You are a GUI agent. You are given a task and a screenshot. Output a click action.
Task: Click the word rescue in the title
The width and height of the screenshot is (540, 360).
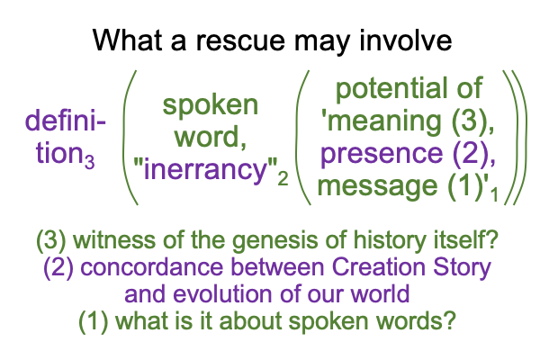tap(240, 40)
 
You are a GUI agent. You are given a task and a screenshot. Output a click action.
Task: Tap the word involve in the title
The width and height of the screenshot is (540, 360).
tap(405, 40)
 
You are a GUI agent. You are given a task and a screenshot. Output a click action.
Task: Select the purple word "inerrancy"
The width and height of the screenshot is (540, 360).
tap(205, 169)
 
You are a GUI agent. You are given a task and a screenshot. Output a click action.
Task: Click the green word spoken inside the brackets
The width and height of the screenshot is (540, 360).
tap(210, 105)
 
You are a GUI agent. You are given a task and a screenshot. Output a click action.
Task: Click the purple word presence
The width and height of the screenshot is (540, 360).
tap(382, 153)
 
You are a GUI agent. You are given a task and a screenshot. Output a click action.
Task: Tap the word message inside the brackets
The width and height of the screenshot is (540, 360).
tap(377, 186)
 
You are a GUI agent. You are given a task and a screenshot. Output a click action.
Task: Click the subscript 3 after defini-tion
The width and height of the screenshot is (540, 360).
tap(89, 162)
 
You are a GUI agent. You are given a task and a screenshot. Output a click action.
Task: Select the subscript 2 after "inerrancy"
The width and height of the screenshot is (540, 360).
tap(283, 179)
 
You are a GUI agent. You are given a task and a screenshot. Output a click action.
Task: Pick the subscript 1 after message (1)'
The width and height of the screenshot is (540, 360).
tap(494, 194)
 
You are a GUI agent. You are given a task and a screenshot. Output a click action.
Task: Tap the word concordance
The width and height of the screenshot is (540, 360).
tap(152, 267)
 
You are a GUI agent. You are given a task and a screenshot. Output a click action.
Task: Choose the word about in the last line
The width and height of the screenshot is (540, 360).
tap(251, 320)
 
